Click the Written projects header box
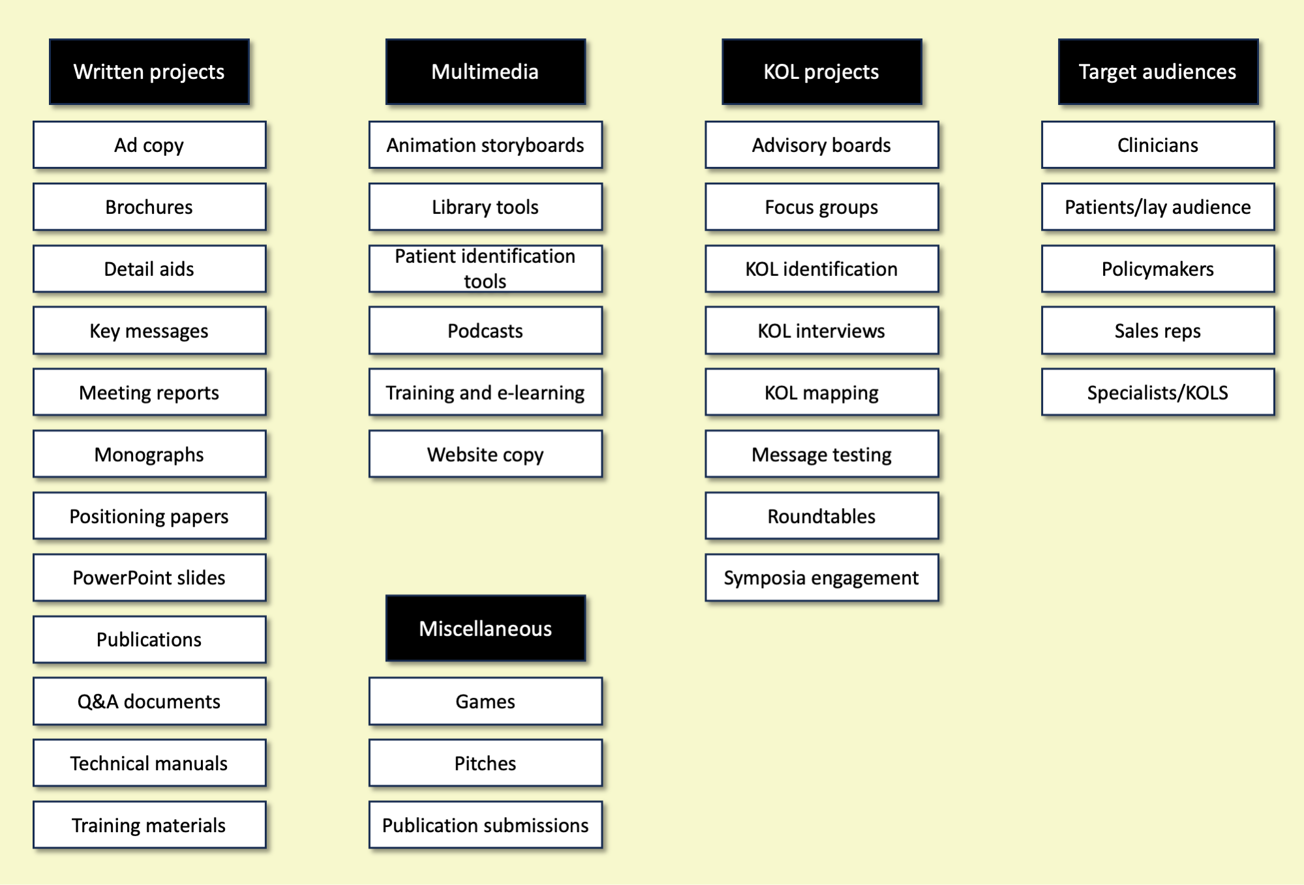pos(149,72)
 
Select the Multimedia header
pos(485,72)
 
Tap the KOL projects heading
pos(822,72)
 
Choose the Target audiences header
pos(1158,72)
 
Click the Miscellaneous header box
pos(485,628)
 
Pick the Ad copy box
pos(149,145)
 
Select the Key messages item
pos(149,331)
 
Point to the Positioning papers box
pos(149,516)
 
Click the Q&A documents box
pos(149,701)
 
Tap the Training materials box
pos(149,825)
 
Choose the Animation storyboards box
pos(485,145)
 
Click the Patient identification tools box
pos(485,269)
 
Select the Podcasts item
pos(485,331)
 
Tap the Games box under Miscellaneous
pos(485,701)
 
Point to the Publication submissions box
pos(485,825)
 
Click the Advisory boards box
pos(822,145)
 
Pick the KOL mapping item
pos(822,393)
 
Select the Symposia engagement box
pos(822,578)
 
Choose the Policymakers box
pos(1158,269)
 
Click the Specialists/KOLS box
pos(1158,393)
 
